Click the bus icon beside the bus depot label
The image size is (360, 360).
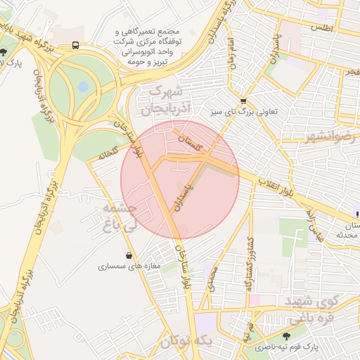pyautogui.click(x=75, y=45)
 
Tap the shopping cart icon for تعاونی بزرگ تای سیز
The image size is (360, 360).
pyautogui.click(x=243, y=101)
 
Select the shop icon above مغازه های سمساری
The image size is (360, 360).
pyautogui.click(x=129, y=256)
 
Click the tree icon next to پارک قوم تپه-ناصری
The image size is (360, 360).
pyautogui.click(x=285, y=336)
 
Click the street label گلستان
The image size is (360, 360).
pyautogui.click(x=191, y=144)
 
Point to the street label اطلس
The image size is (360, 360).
pyautogui.click(x=324, y=27)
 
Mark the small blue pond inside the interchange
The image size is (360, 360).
pyautogui.click(x=83, y=86)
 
